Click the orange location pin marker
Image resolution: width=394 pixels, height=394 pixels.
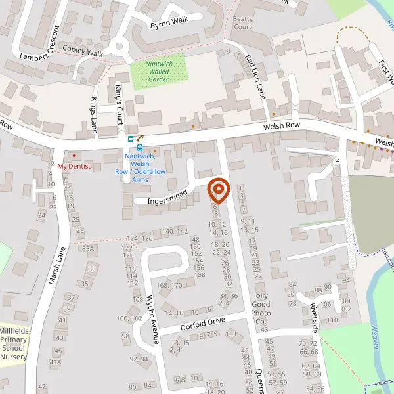(218, 190)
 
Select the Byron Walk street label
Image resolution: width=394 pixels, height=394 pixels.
(169, 22)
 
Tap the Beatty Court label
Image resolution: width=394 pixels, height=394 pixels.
(242, 23)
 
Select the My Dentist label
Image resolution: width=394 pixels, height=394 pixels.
(72, 166)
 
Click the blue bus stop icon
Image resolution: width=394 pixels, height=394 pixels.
(131, 139)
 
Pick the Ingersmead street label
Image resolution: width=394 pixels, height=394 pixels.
(167, 196)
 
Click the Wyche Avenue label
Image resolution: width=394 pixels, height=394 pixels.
(153, 320)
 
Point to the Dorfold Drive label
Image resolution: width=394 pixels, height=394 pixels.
(203, 324)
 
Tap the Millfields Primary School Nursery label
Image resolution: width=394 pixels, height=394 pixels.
(13, 343)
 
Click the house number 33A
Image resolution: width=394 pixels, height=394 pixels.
(88, 249)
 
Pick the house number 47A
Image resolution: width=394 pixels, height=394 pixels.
(56, 362)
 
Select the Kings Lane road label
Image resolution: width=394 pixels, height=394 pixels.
(94, 112)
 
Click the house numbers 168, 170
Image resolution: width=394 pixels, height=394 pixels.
(169, 285)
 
